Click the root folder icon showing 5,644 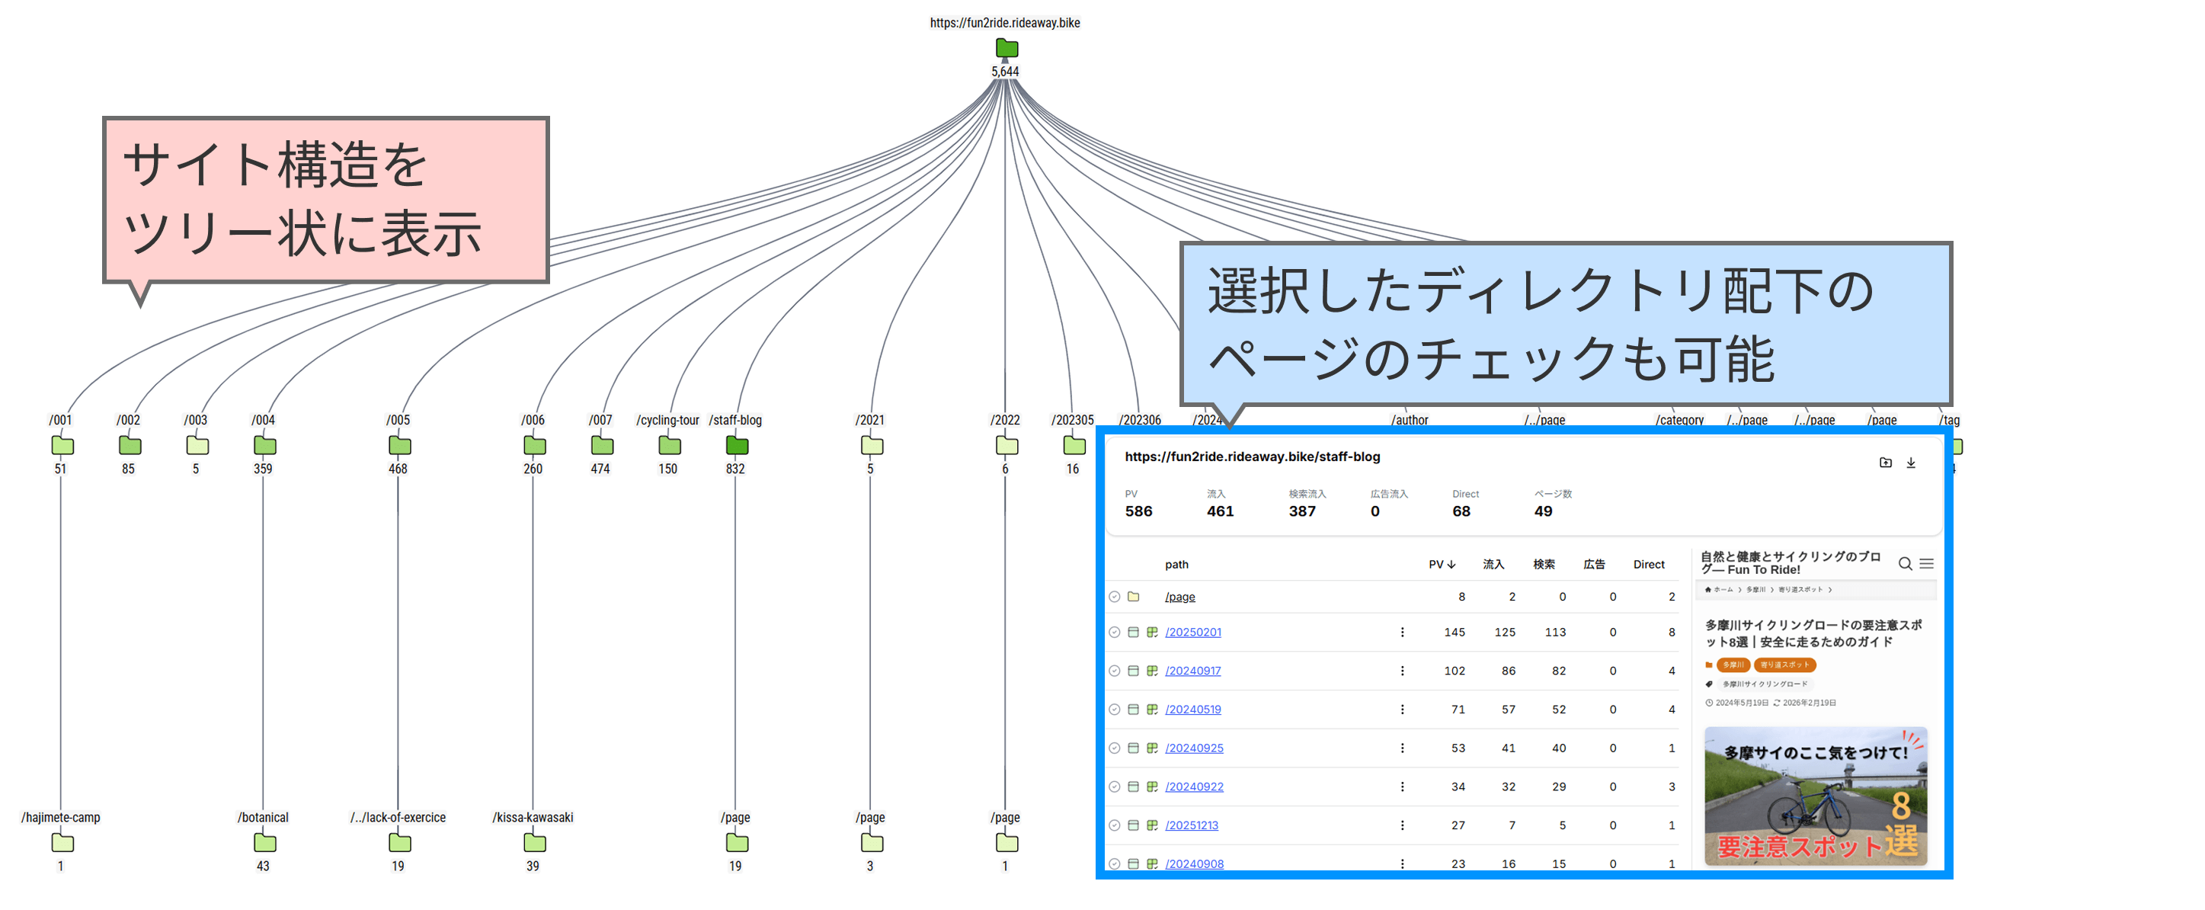(x=1006, y=48)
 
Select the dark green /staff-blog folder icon (x=736, y=445)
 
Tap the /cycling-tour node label (x=667, y=421)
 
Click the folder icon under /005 (x=399, y=445)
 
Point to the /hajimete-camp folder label (x=61, y=818)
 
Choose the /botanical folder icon (x=264, y=842)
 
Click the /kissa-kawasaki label (x=533, y=818)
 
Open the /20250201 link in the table (x=1192, y=632)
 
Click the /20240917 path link (x=1192, y=670)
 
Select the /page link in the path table (x=1179, y=597)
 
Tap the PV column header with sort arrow (x=1442, y=564)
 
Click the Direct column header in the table (x=1648, y=564)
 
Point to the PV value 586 (x=1138, y=511)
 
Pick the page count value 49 (x=1542, y=511)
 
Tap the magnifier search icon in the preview (x=1905, y=563)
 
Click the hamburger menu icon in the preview (x=1926, y=563)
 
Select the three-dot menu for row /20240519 (x=1401, y=709)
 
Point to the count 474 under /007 (x=600, y=469)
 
